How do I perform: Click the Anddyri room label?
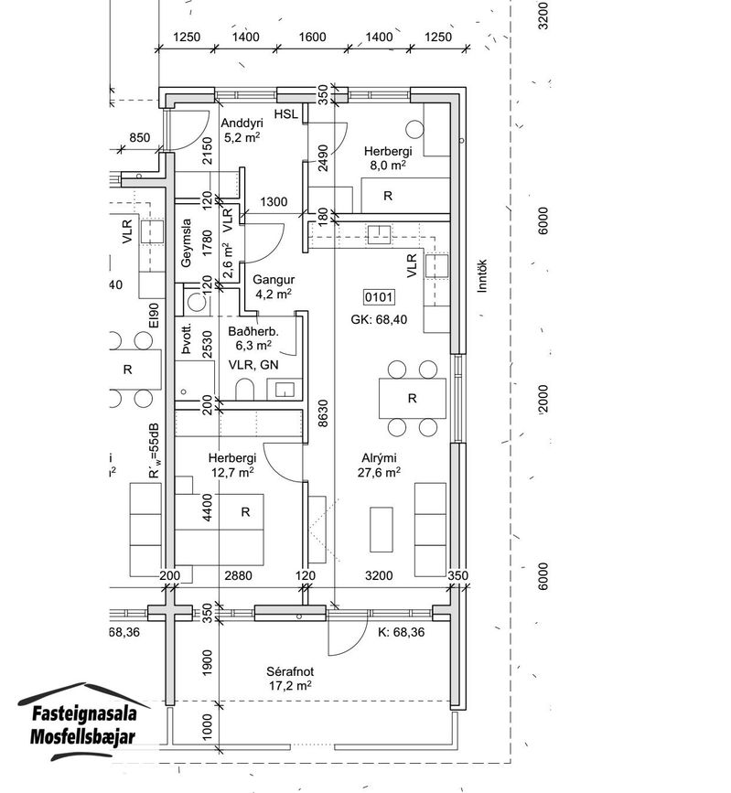[242, 123]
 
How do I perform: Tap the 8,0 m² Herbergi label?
[388, 158]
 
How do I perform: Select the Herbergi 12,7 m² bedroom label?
[232, 465]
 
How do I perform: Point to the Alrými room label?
[379, 457]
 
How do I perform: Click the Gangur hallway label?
[274, 280]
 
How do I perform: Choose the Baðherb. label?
[253, 332]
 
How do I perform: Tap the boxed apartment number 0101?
[379, 297]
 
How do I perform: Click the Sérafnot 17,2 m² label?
[290, 678]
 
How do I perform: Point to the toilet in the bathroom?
[245, 389]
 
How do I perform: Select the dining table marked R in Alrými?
[413, 398]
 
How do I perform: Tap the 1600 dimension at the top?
[312, 37]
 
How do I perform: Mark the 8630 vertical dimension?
[323, 413]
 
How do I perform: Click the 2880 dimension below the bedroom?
[238, 575]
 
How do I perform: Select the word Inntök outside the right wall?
[481, 275]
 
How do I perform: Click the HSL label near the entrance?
[285, 114]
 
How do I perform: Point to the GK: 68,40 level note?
[379, 319]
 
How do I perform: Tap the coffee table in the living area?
[382, 530]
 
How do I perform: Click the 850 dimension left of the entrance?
[140, 137]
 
